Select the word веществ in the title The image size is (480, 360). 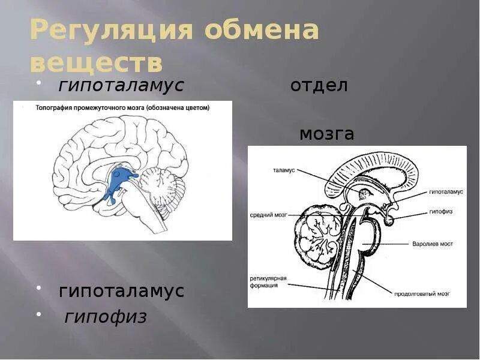(x=95, y=62)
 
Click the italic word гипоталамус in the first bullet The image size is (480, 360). (x=121, y=86)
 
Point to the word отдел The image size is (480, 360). (x=319, y=86)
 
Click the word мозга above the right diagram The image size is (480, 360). (x=326, y=134)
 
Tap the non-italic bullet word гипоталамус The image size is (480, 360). (x=121, y=292)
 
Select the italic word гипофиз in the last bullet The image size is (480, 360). (x=106, y=317)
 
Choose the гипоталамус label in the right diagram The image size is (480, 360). (x=445, y=192)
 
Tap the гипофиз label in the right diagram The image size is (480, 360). (x=440, y=212)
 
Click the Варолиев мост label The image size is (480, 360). (x=432, y=244)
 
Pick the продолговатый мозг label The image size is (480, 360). (x=422, y=294)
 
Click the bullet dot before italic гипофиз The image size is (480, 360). (x=39, y=315)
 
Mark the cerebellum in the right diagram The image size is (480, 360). (x=316, y=237)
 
